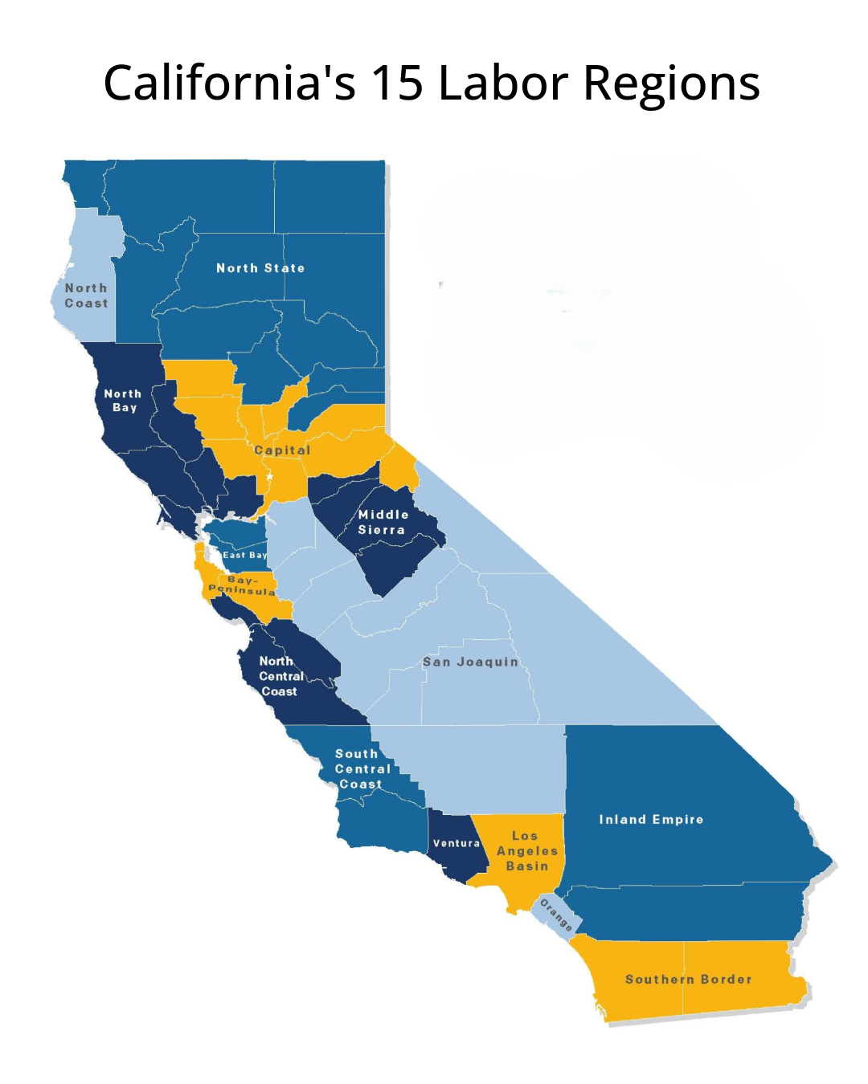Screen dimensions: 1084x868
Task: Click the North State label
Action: tap(260, 268)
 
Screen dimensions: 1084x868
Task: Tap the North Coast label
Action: tap(86, 295)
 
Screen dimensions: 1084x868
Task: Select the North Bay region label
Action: tap(123, 401)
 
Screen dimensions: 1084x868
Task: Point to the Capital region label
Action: tap(282, 450)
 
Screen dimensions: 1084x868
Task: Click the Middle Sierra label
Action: tap(383, 522)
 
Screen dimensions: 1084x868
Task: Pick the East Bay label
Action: tap(244, 555)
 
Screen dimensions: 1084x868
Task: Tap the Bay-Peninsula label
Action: tap(242, 585)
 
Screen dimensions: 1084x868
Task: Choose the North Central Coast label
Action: tap(280, 676)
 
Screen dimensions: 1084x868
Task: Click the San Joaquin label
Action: tap(471, 662)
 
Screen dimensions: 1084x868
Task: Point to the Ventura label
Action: tap(456, 843)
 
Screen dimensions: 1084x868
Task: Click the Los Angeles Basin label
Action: tap(526, 851)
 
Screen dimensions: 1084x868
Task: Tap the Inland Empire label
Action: tap(651, 820)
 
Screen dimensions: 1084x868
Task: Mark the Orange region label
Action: tap(555, 915)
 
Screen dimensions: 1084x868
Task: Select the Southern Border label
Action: tap(689, 980)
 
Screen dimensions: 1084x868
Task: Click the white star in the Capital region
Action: tap(270, 477)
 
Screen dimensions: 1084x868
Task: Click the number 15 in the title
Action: tap(396, 83)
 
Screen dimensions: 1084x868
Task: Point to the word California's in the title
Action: tap(230, 83)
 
